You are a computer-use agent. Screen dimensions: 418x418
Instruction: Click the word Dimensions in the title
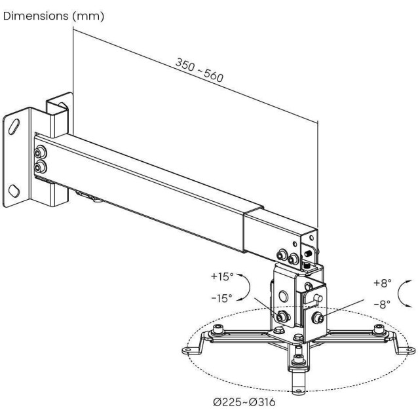pyautogui.click(x=33, y=15)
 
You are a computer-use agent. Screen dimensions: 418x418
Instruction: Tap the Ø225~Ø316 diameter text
pyautogui.click(x=243, y=403)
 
